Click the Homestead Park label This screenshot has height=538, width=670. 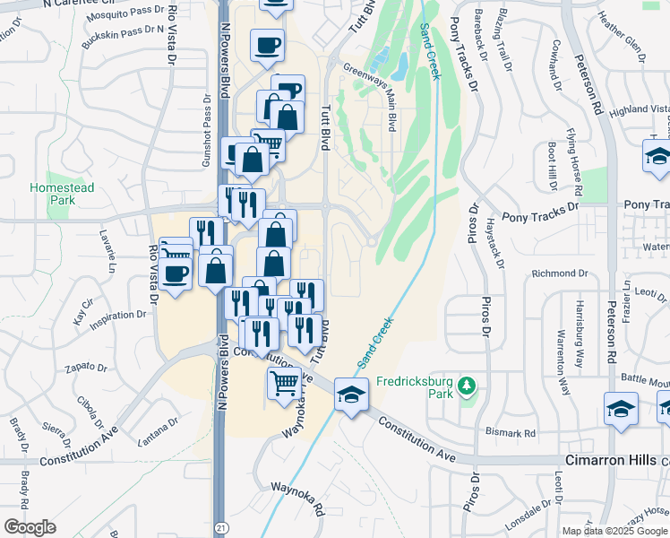pos(62,195)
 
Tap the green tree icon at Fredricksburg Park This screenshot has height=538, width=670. pos(466,386)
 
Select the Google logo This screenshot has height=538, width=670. pos(30,527)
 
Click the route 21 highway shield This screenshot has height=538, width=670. pos(221,530)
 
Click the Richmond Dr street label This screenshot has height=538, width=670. pos(557,273)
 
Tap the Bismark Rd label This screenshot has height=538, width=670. pos(514,433)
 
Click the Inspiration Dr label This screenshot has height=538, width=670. pos(117,316)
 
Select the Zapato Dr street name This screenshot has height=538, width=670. pos(84,368)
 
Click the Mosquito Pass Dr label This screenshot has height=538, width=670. pos(119,15)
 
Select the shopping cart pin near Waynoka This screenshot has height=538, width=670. pos(284,383)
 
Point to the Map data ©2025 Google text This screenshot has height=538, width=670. pos(614,531)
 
